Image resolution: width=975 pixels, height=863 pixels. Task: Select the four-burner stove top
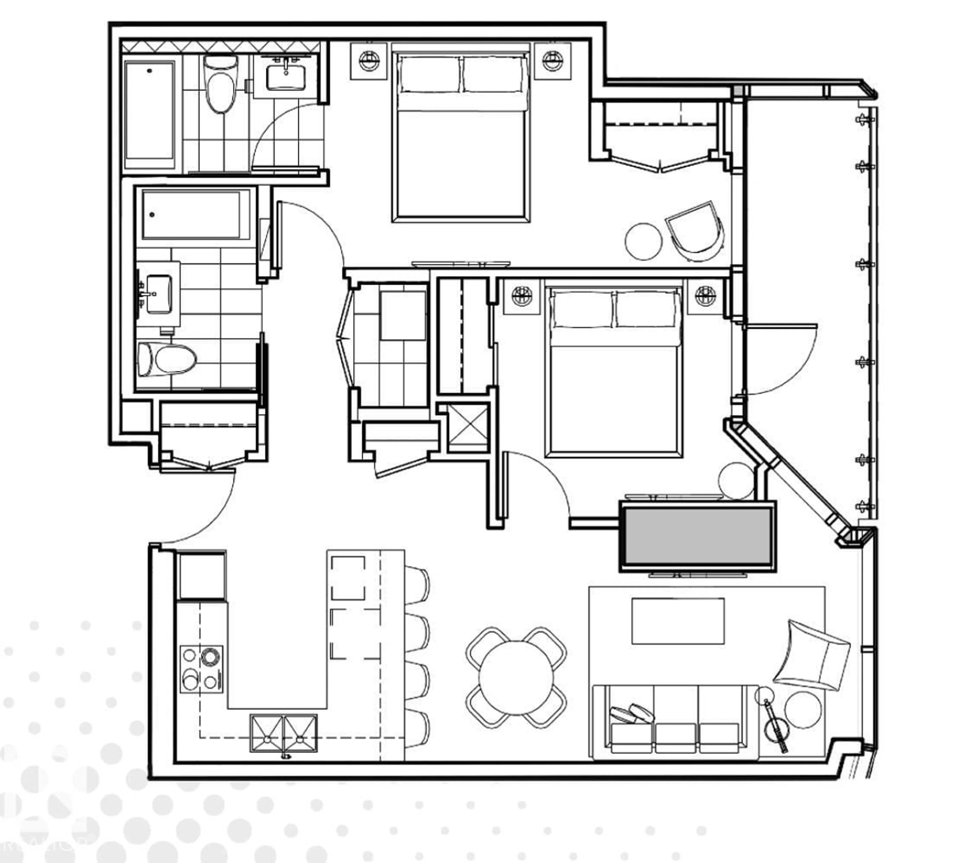coord(201,669)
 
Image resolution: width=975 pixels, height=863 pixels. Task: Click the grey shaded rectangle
coord(697,536)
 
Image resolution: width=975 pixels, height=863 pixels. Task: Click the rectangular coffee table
coord(678,621)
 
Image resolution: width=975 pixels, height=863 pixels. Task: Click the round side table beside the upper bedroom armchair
coord(643,241)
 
